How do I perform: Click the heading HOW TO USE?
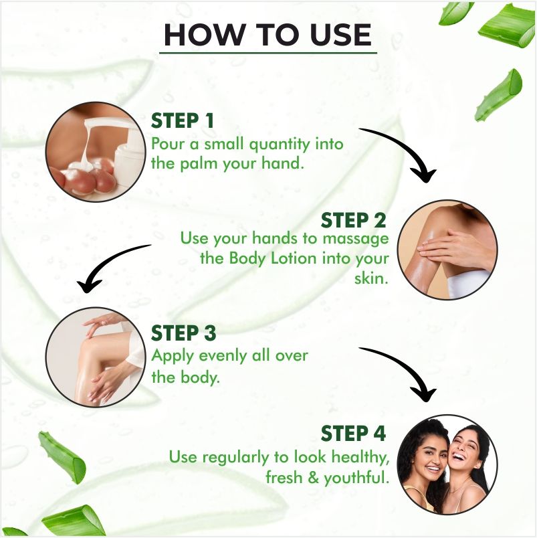[267, 35]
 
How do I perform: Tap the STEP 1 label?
[183, 120]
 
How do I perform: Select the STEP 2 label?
[353, 220]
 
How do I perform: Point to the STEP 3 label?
[183, 333]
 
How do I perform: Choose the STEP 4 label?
[353, 433]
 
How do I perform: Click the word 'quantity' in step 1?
[280, 145]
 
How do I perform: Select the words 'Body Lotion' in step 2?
[273, 258]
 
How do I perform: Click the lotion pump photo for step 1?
[96, 152]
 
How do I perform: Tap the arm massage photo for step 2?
[447, 250]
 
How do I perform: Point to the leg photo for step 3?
[96, 357]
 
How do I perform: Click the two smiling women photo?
[447, 464]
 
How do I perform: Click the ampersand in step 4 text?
[313, 478]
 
